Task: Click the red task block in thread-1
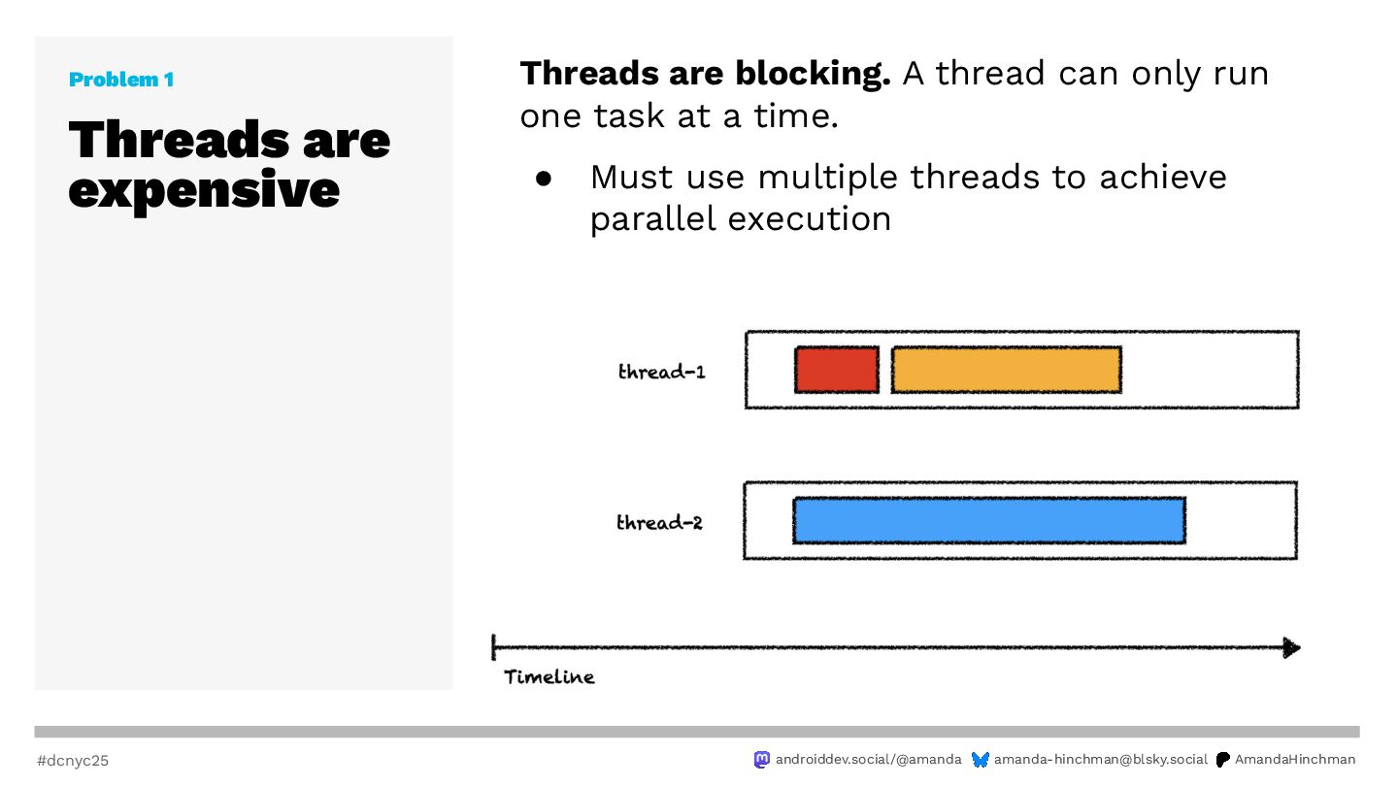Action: [x=837, y=370]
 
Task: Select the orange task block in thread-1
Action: [x=1007, y=370]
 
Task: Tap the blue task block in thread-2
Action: [x=989, y=520]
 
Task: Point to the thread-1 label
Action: [x=661, y=372]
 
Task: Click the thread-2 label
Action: [x=660, y=522]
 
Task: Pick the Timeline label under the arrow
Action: [x=549, y=677]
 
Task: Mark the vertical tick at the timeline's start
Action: [x=493, y=647]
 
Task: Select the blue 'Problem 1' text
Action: [x=121, y=80]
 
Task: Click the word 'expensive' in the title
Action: [x=204, y=190]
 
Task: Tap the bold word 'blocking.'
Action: [x=813, y=74]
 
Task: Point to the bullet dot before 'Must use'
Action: [x=544, y=179]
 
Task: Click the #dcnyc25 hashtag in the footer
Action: [x=73, y=761]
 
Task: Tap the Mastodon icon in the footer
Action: [x=761, y=759]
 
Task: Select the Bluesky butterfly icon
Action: [x=981, y=760]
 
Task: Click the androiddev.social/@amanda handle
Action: [x=868, y=759]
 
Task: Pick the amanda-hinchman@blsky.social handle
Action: [x=1100, y=759]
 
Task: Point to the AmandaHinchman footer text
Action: [x=1295, y=759]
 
